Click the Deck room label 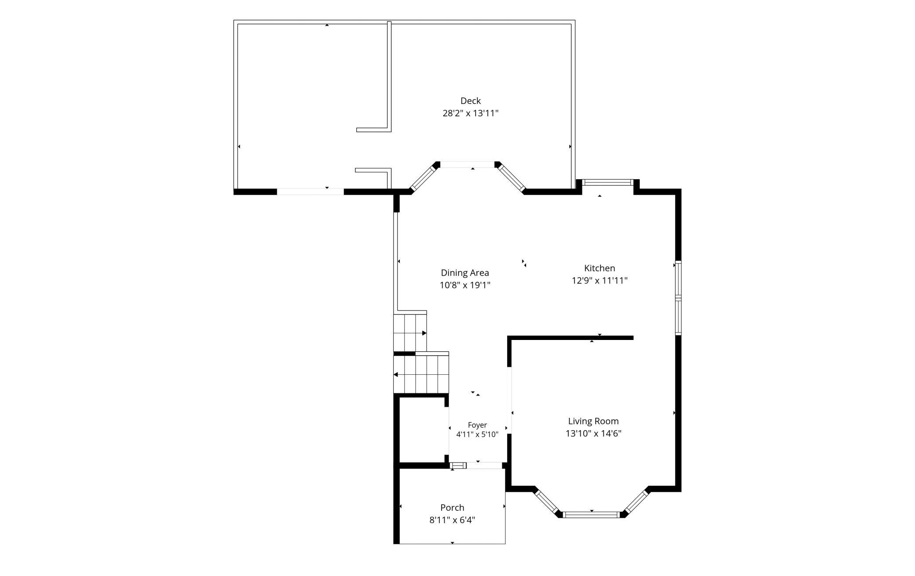[470, 101]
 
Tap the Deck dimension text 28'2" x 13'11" [470, 113]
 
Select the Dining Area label [465, 273]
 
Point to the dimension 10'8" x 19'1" [465, 285]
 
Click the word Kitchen [600, 268]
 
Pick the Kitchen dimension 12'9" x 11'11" [600, 281]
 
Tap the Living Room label [593, 421]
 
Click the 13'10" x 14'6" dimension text [593, 433]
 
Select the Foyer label [477, 425]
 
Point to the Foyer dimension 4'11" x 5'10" [477, 435]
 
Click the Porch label [452, 507]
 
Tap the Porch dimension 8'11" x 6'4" [452, 520]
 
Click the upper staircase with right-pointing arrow [410, 332]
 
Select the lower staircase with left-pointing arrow [421, 374]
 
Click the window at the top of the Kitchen [608, 182]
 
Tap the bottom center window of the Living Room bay [592, 514]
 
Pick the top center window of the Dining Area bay [467, 165]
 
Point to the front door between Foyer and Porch [484, 465]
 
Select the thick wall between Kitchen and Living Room [571, 338]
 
